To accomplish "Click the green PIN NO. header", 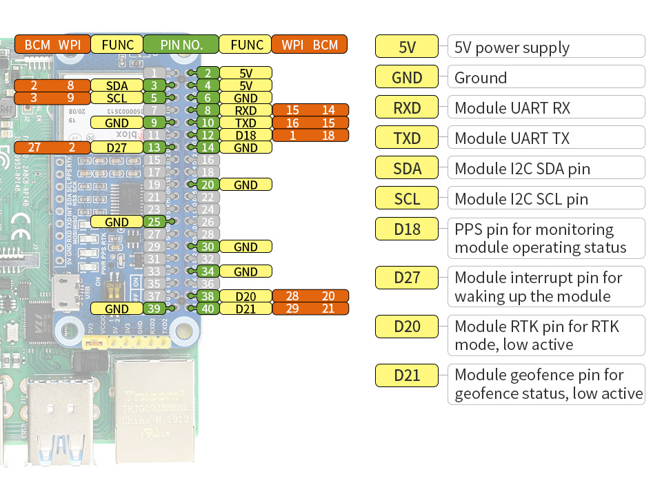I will pos(181,45).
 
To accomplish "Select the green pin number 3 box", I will pos(154,85).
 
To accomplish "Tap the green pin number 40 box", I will pos(208,309).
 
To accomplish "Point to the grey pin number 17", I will pos(155,172).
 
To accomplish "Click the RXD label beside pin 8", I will pos(245,110).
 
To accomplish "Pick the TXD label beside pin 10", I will pos(245,123).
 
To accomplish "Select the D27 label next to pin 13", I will pos(116,147).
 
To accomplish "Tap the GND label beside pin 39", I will pos(117,309).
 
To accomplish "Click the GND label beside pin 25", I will pos(117,222).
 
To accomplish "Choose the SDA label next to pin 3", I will pos(117,85).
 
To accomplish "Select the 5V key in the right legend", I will pos(407,47).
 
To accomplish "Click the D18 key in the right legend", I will pos(407,229).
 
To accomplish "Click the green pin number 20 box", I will pos(208,185).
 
